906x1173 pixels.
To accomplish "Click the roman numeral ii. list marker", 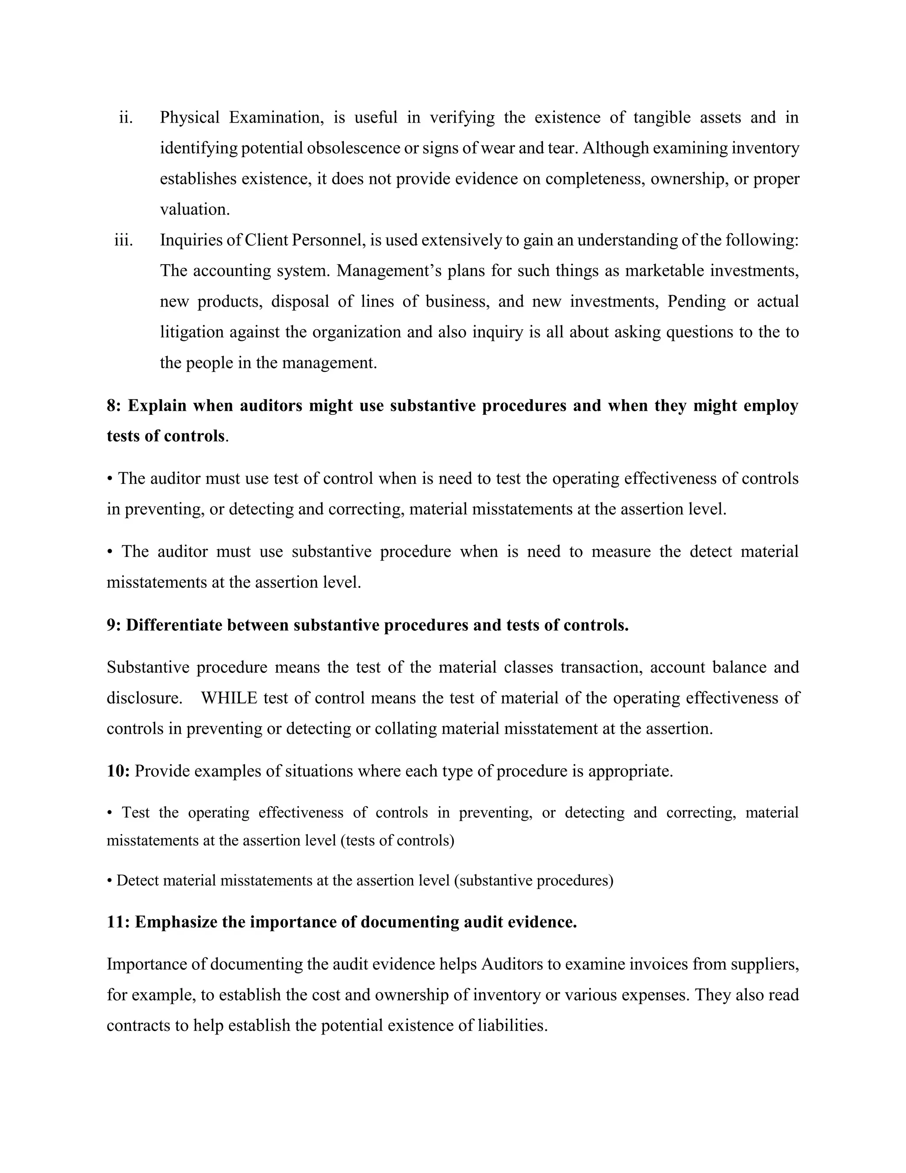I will coord(126,118).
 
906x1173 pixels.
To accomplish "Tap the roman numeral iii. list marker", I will coord(123,240).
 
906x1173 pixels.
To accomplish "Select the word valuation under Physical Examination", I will coord(194,209).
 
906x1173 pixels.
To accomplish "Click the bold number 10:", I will coord(118,771).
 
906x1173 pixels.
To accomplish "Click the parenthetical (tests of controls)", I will coord(397,841).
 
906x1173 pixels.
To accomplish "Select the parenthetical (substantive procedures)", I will coord(533,881).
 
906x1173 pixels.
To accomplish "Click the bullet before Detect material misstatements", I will coord(110,881).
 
